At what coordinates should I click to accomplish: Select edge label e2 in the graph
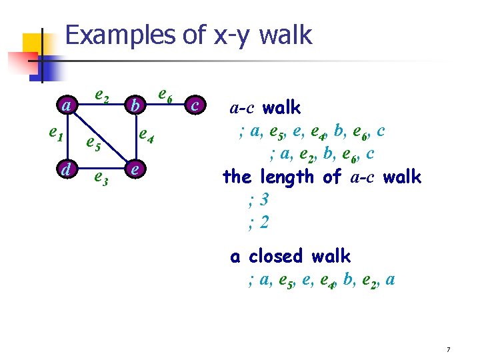102,97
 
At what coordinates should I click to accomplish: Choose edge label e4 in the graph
146,137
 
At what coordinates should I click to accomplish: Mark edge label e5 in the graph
93,144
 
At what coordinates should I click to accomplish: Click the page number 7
449,350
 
